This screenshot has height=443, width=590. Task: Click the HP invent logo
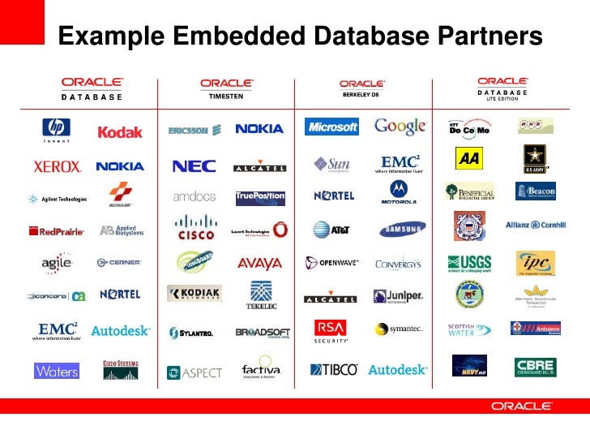click(x=57, y=129)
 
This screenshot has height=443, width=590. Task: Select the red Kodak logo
click(x=120, y=131)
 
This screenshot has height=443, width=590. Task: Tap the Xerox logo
click(x=57, y=166)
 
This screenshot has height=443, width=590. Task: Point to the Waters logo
click(x=57, y=371)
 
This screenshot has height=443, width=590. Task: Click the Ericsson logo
click(x=188, y=130)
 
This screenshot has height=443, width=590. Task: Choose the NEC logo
click(x=194, y=166)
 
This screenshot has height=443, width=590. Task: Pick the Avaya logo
click(x=259, y=263)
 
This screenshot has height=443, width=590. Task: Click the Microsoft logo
click(x=331, y=127)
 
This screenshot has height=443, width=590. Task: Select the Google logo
click(x=400, y=127)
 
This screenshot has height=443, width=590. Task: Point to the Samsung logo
click(x=399, y=229)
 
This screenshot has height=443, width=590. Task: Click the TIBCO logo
click(x=333, y=369)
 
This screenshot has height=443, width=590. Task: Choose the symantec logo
click(x=399, y=329)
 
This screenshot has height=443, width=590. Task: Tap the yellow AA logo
click(x=468, y=158)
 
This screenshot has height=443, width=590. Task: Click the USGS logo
click(x=469, y=263)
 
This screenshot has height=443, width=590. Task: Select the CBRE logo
click(x=535, y=367)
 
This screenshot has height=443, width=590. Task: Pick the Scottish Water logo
click(x=469, y=330)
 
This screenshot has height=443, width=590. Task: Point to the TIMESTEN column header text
click(x=226, y=96)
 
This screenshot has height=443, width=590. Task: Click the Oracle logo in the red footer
click(x=522, y=406)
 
